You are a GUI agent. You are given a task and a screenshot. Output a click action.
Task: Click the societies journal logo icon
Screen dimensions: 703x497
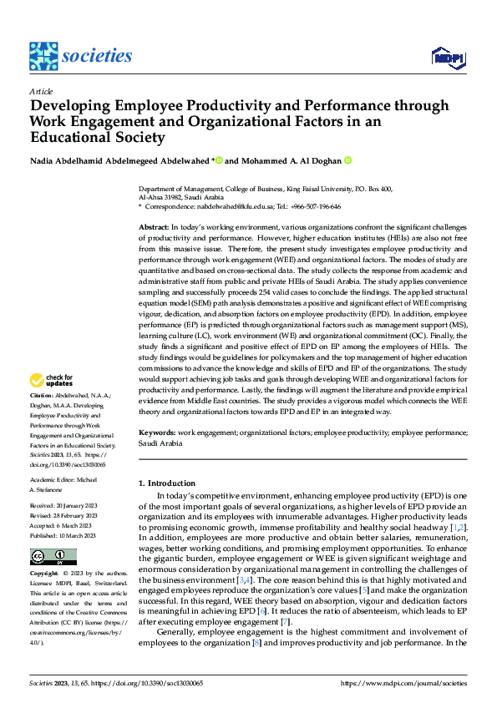(x=43, y=55)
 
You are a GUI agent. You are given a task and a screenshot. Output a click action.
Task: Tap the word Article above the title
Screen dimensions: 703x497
(x=41, y=91)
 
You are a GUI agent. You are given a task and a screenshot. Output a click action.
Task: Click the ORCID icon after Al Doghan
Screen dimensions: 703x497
(x=348, y=160)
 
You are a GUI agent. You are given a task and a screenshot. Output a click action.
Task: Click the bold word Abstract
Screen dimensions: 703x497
(x=154, y=227)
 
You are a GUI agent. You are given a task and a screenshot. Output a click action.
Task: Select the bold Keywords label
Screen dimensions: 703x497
(x=156, y=433)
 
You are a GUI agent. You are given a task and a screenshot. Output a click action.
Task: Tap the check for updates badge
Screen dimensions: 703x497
(x=52, y=381)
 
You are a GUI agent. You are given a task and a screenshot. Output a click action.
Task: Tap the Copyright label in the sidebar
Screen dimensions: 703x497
(x=44, y=574)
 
